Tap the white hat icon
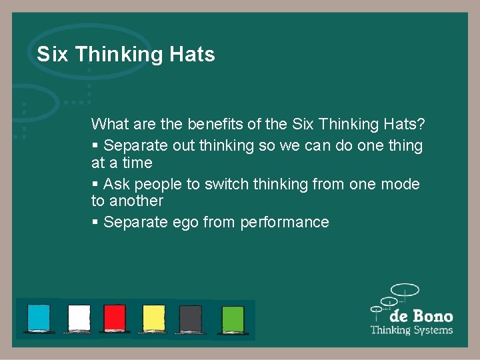pos(79,318)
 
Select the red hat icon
pos(115,318)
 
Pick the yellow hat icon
pos(153,318)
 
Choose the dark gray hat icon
pos(191,318)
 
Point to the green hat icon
pos(233,318)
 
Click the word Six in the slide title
pos(53,55)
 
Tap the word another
pos(136,201)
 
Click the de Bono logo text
pos(421,316)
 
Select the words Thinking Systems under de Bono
pos(411,330)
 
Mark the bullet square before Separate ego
pos(95,222)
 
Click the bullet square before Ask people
pos(95,184)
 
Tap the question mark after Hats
pos(421,124)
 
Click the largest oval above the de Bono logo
pos(405,290)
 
